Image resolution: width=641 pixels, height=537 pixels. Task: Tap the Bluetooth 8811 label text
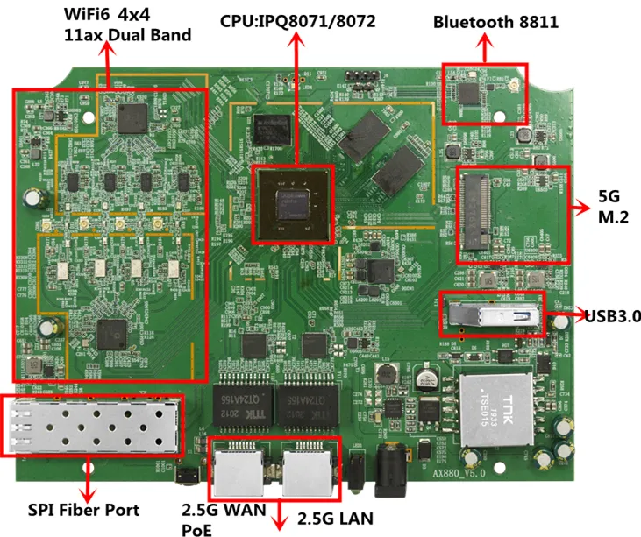[x=495, y=22]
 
